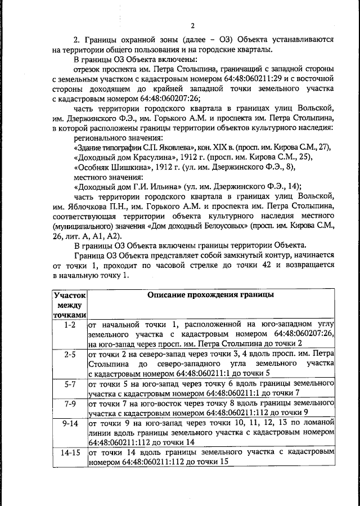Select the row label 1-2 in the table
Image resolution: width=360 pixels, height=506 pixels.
click(70, 325)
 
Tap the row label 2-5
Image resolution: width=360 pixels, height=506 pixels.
click(70, 355)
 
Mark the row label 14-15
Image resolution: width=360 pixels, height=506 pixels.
click(70, 452)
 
